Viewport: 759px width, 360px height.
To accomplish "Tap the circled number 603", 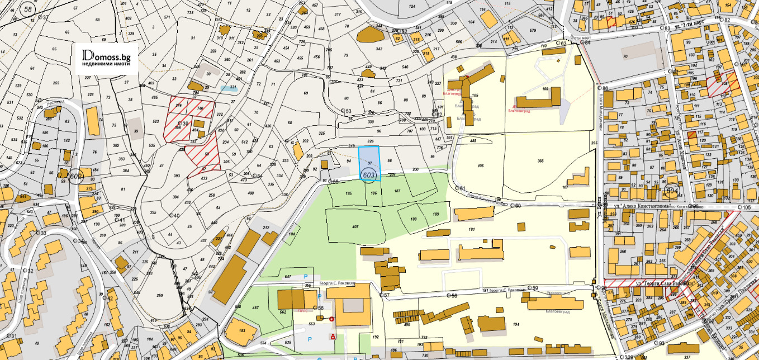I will coord(368,175).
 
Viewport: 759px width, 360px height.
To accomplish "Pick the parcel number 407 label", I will coord(355,227).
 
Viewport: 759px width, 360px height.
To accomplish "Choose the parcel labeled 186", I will coord(374,193).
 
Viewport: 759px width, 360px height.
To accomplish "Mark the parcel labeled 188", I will coord(414,219).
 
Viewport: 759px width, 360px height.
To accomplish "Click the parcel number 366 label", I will coord(540,161).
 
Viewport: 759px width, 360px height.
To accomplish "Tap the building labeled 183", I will coord(242,331).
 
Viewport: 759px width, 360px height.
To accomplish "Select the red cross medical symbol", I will coord(333,319).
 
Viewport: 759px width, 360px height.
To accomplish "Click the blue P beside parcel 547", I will coord(305,277).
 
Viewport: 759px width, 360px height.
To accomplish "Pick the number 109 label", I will coord(544,89).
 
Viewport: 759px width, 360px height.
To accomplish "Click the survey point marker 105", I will coord(741,207).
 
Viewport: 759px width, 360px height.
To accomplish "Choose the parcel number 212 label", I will coord(266,228).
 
